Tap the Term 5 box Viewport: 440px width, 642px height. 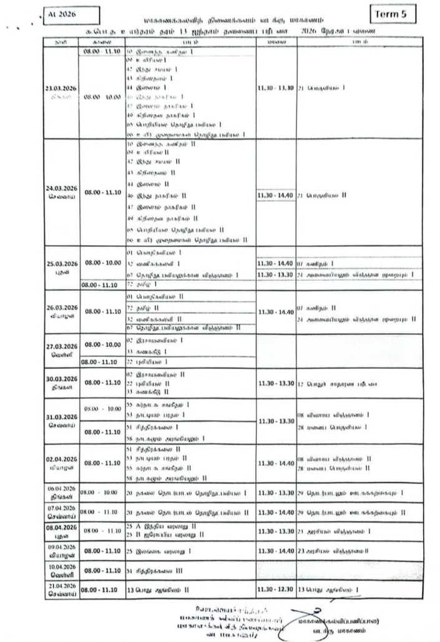[x=393, y=14]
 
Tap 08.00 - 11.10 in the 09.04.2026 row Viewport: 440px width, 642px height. [x=102, y=552]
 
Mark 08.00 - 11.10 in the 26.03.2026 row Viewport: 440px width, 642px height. [x=102, y=310]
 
